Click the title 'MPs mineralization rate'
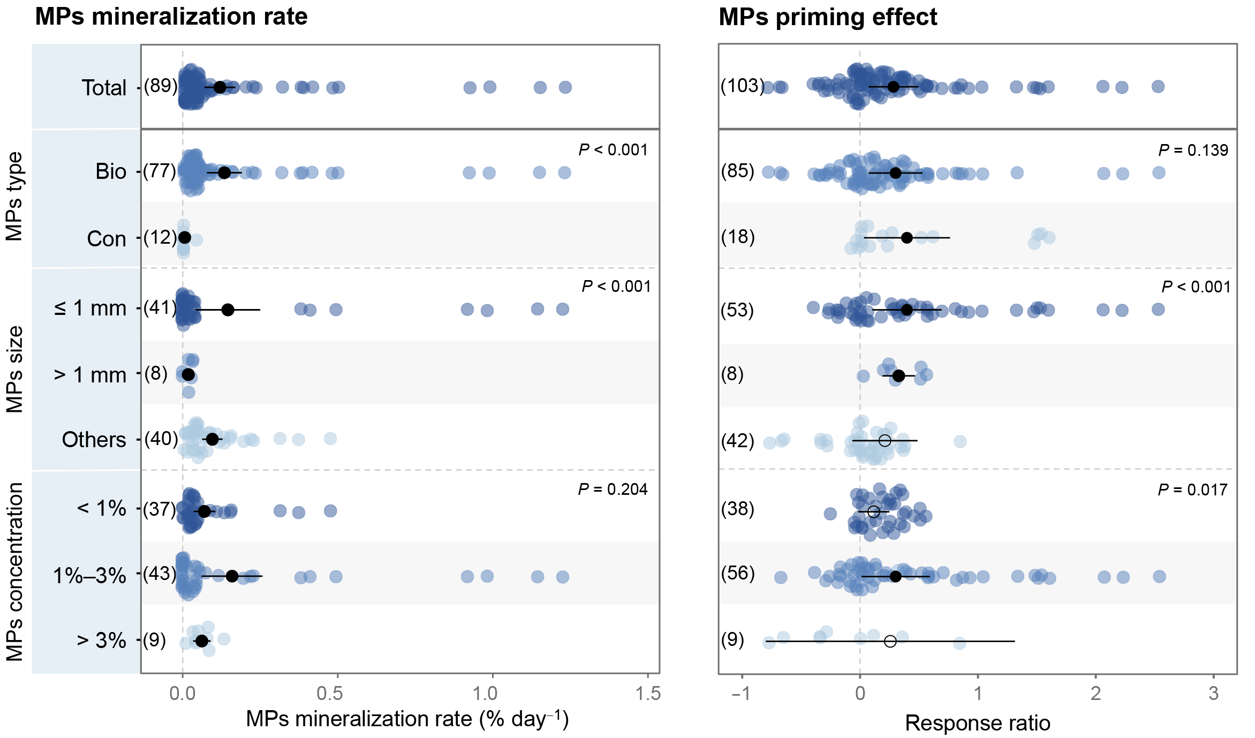tap(171, 17)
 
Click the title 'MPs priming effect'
tap(828, 17)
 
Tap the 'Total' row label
tap(104, 88)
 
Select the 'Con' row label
tap(107, 239)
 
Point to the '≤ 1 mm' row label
tap(90, 308)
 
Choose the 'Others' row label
tap(94, 440)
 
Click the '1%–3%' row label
tap(89, 576)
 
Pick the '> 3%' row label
tap(101, 641)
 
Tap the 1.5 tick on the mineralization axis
tap(648, 694)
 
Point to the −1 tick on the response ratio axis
tap(742, 694)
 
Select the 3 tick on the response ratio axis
tap(1214, 694)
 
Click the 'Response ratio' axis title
tap(978, 724)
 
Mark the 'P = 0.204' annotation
tap(613, 490)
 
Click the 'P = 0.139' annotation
tap(1193, 150)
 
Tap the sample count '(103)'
tap(743, 86)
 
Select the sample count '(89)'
tap(161, 86)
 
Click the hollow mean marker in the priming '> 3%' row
tap(890, 641)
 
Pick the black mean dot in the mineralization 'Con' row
tap(185, 237)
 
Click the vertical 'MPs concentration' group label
tap(15, 572)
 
